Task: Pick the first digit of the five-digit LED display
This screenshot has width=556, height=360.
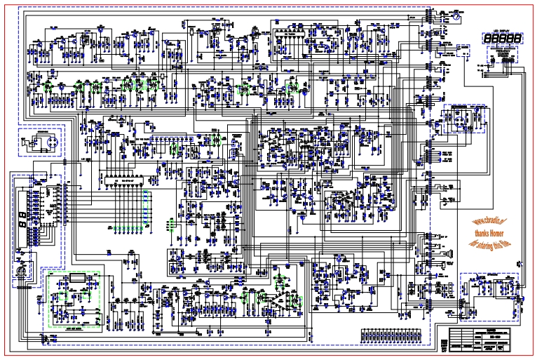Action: coord(487,39)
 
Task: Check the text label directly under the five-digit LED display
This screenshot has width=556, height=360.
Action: coord(502,51)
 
